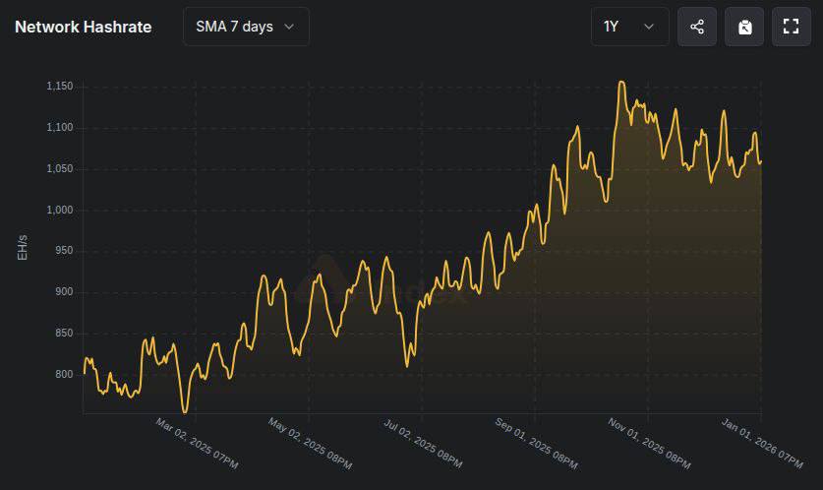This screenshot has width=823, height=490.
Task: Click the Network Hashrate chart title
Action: coord(83,27)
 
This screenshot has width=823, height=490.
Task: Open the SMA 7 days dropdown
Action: coord(246,27)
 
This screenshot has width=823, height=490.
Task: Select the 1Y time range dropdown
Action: coord(629,27)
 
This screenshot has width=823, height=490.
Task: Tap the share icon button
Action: coord(697,27)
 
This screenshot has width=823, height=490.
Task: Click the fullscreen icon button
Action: coord(791,27)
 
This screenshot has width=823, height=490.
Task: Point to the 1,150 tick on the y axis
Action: coord(60,87)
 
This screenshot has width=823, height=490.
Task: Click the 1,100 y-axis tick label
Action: coord(60,128)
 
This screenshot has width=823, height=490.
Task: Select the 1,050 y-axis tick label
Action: coord(60,169)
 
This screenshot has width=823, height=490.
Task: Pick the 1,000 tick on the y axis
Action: coord(60,211)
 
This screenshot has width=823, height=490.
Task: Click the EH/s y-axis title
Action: coord(22,247)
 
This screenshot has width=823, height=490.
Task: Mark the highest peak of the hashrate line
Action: coord(621,82)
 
